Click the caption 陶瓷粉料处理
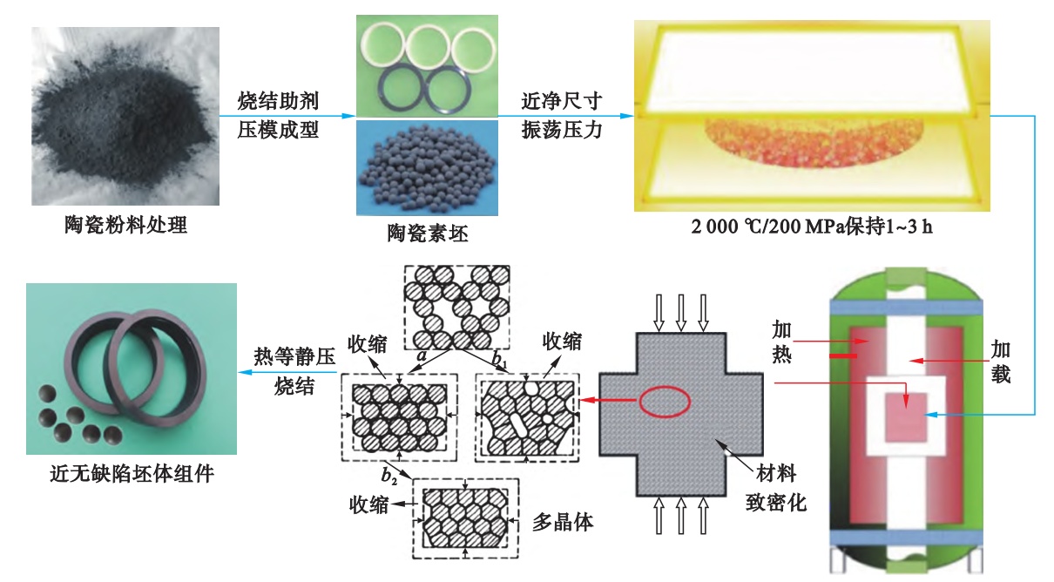pyautogui.click(x=126, y=225)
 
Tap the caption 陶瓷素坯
pyautogui.click(x=427, y=233)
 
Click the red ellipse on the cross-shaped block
pyautogui.click(x=665, y=401)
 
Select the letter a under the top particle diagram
pyautogui.click(x=422, y=356)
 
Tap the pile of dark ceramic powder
pyautogui.click(x=122, y=122)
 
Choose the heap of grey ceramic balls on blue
pyautogui.click(x=427, y=170)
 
